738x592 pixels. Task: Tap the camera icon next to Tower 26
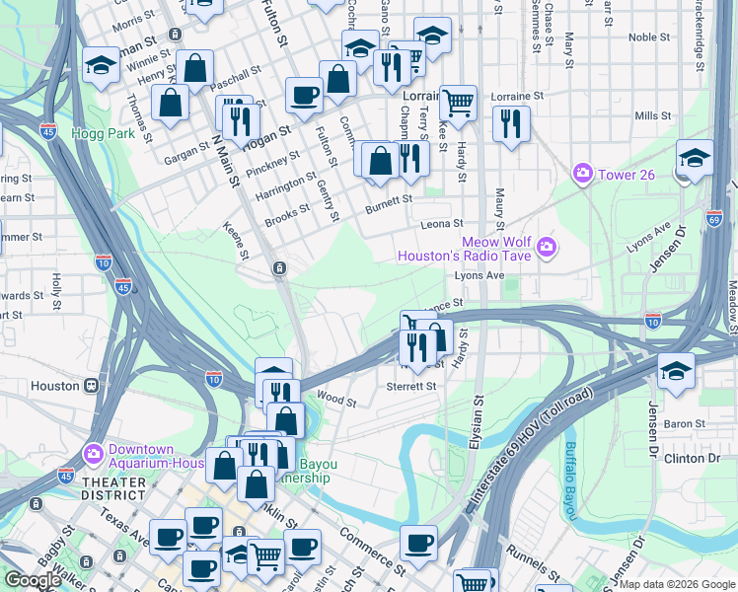(x=583, y=174)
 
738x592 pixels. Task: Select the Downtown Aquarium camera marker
(x=94, y=455)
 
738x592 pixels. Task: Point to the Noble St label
(x=649, y=37)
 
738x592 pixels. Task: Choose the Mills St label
(x=653, y=115)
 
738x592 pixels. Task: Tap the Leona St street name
(x=442, y=224)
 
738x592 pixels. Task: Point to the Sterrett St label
(x=411, y=386)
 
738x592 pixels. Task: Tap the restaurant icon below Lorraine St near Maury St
(x=510, y=123)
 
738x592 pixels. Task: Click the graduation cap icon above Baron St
(x=676, y=371)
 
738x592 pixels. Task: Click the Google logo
(x=34, y=579)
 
